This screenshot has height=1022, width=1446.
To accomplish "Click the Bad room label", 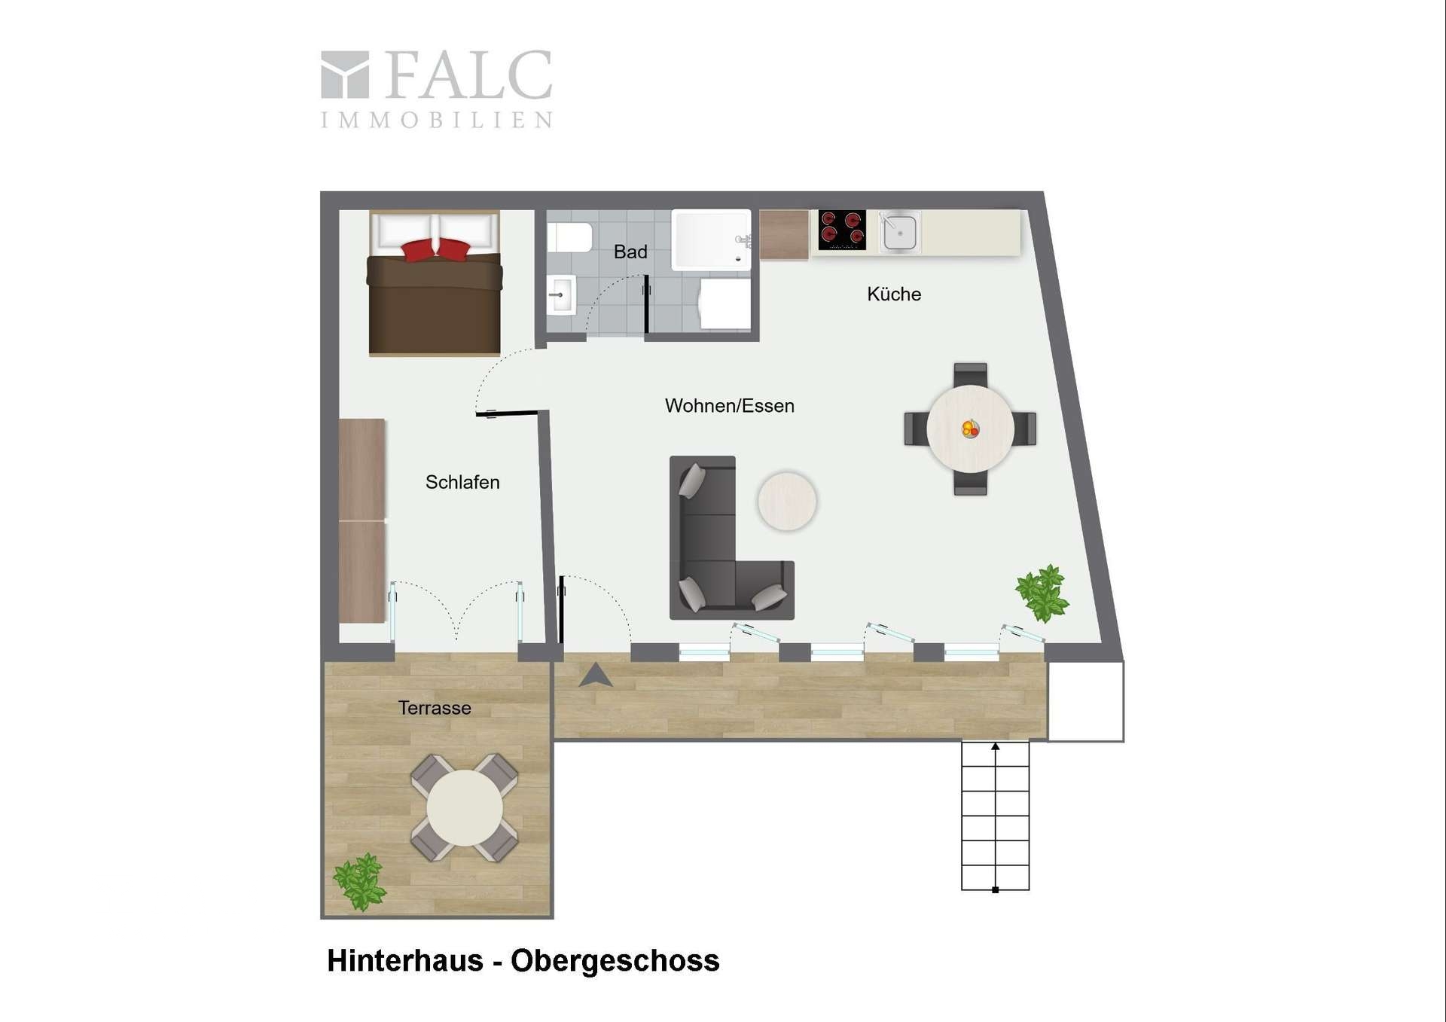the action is [630, 252].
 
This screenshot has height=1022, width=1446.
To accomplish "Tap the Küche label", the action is [894, 294].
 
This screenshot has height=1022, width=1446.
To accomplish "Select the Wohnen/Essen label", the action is [729, 406].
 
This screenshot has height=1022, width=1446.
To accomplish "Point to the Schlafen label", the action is [462, 482].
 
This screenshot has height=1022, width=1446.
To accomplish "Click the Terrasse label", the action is [435, 708].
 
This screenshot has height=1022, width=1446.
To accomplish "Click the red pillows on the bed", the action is [435, 249].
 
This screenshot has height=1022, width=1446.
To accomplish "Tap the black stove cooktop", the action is [842, 229].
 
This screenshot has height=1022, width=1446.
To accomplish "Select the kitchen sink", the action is [899, 231].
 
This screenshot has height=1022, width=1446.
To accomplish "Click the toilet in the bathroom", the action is [569, 237].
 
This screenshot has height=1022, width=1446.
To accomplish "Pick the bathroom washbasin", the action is [561, 294].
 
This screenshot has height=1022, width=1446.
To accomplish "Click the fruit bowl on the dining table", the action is [970, 429].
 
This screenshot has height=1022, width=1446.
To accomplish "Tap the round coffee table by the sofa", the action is [787, 501].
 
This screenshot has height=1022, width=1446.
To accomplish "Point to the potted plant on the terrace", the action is [359, 881].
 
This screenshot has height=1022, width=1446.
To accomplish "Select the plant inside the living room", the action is [1042, 593].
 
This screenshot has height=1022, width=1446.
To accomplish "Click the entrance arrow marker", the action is [595, 676].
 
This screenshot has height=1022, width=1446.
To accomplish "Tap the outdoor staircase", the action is [995, 816].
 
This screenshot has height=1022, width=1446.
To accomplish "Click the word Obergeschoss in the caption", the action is [615, 961].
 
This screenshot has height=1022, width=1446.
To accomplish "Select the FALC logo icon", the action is [345, 75].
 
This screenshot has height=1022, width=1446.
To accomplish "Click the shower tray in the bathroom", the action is [711, 239].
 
